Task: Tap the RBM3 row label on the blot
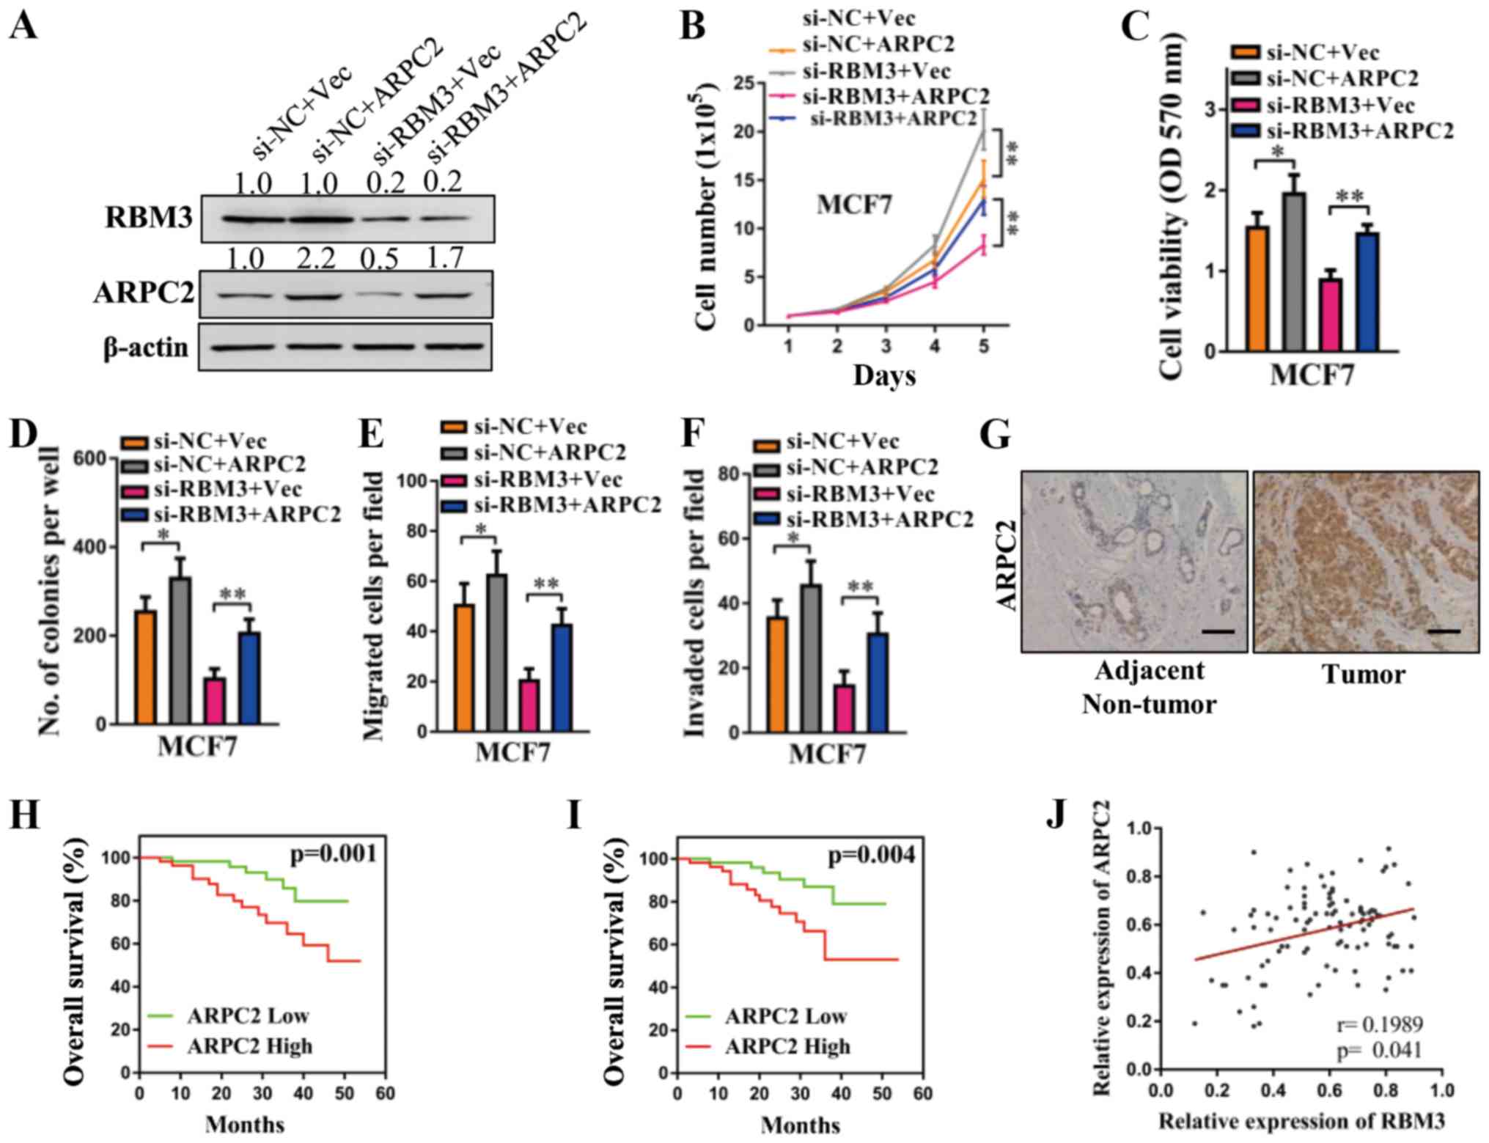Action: pos(150,218)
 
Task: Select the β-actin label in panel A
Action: pos(146,348)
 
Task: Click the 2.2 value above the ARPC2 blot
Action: pos(317,258)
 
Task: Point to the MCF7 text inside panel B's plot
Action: pos(855,205)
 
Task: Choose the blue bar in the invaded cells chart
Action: pos(878,683)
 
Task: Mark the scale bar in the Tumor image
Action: pos(1444,631)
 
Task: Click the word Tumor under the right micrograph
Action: pos(1363,674)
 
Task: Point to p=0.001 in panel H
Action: pos(334,853)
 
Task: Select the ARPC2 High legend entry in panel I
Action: pos(787,1046)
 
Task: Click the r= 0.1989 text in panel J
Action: pos(1378,1024)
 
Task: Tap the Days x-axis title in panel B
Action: pos(884,375)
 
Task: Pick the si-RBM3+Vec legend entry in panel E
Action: pos(548,479)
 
